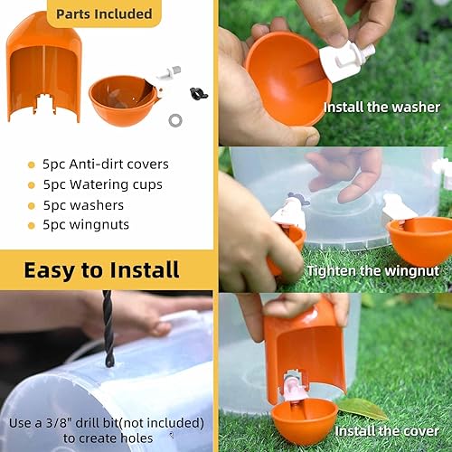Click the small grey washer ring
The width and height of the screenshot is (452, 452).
(174, 118)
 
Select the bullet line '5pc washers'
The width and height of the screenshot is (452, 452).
(84, 206)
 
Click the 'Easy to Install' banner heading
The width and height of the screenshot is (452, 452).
(101, 269)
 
